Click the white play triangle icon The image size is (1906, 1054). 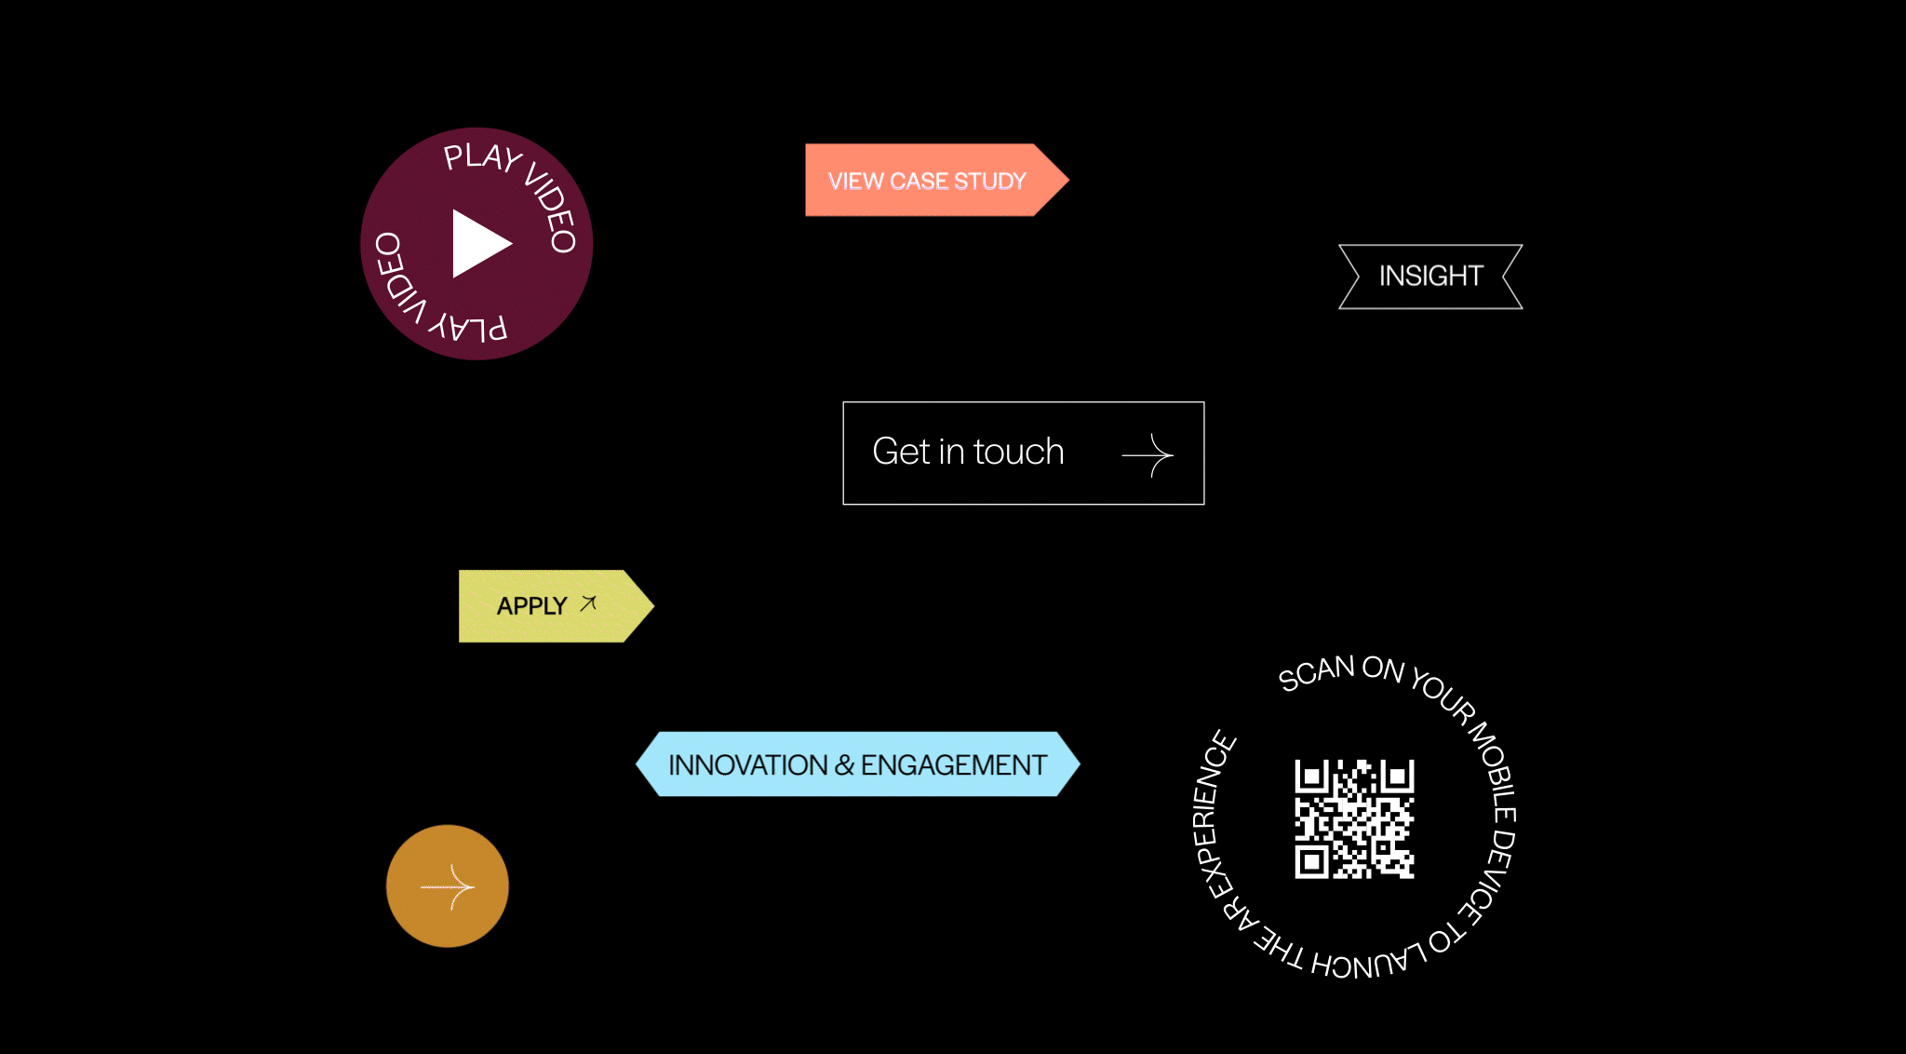click(479, 244)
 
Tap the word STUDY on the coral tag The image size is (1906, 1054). click(989, 181)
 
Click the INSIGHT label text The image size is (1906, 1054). click(1430, 276)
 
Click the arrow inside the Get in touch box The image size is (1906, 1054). click(1148, 454)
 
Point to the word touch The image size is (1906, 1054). click(1018, 452)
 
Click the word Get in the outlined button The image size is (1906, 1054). click(901, 452)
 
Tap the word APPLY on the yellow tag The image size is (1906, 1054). click(531, 606)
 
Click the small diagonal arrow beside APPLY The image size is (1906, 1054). click(588, 603)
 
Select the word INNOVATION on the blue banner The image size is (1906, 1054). click(747, 764)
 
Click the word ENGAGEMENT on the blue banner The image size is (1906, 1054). click(953, 764)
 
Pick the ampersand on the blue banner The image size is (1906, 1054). click(844, 764)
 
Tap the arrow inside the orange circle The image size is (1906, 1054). click(449, 886)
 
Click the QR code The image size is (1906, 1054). click(1354, 818)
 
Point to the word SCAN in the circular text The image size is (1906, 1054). click(1315, 672)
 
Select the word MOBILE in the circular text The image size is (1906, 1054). click(1493, 768)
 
